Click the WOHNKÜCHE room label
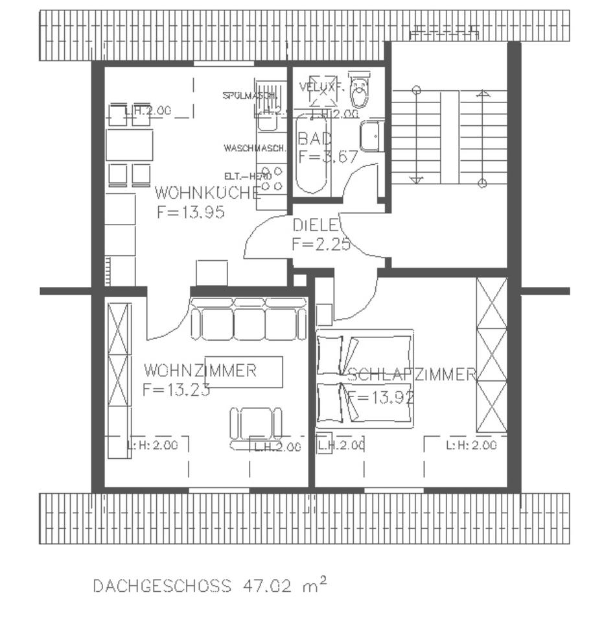tap(207, 193)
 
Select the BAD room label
tap(314, 138)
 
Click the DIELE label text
tap(316, 226)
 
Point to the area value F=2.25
tap(321, 245)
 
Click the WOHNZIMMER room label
tap(200, 371)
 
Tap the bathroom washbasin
tap(371, 136)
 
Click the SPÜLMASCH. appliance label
tap(250, 95)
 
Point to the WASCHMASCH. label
tap(255, 148)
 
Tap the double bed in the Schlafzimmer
tap(365, 380)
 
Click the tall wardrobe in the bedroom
tap(491, 355)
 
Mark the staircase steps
tap(449, 137)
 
